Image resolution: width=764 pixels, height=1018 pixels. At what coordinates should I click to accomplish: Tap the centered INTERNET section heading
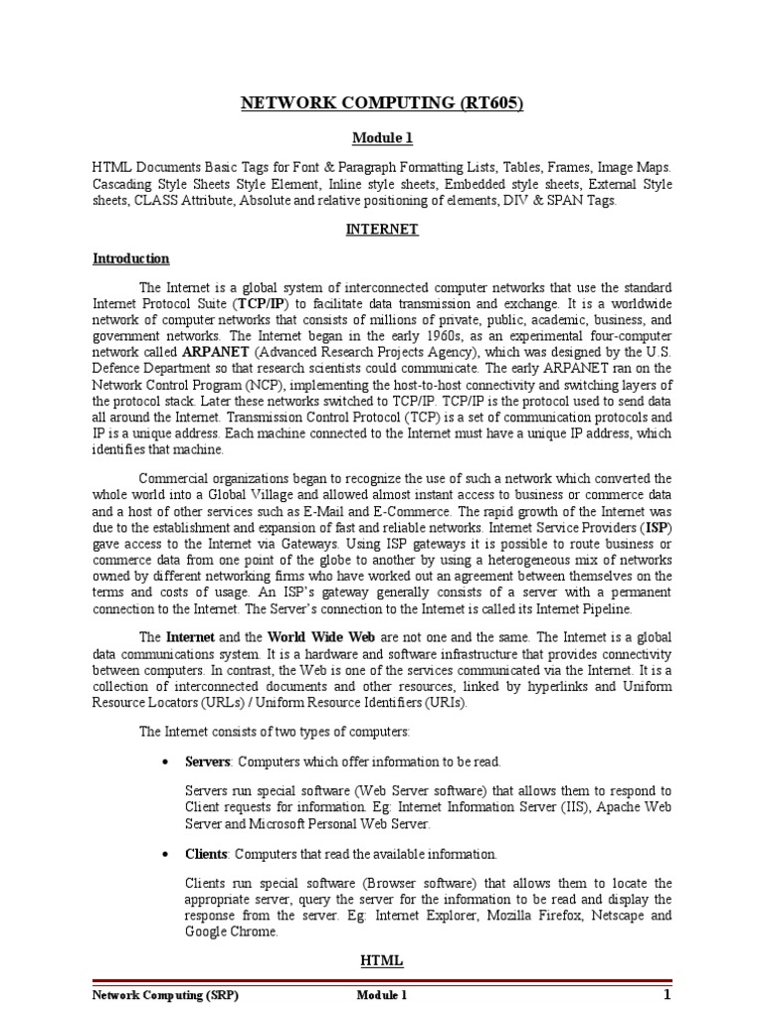point(382,229)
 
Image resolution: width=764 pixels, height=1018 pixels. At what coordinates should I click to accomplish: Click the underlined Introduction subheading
point(131,258)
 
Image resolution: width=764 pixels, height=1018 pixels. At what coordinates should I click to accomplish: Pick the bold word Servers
point(207,763)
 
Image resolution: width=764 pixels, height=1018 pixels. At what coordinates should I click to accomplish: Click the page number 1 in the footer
point(668,995)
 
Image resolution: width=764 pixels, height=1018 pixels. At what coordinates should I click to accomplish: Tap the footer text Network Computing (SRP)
point(165,995)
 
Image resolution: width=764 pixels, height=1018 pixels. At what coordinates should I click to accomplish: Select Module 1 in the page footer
point(382,995)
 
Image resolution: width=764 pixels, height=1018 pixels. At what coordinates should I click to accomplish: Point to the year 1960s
point(473,335)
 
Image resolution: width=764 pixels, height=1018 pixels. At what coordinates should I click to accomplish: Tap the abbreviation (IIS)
point(575,808)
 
